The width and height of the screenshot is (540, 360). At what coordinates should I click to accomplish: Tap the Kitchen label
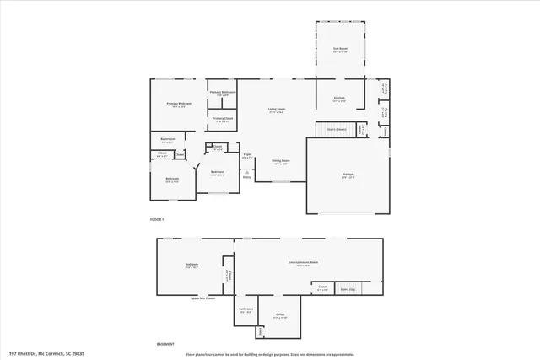[x=339, y=99]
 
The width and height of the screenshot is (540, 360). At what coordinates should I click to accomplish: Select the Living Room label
[x=276, y=109]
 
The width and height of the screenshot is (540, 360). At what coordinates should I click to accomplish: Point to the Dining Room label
[x=281, y=160]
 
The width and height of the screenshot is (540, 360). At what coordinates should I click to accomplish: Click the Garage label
[x=348, y=175]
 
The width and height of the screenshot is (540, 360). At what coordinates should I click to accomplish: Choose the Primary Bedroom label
[x=179, y=104]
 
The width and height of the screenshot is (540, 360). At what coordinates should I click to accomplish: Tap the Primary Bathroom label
[x=222, y=93]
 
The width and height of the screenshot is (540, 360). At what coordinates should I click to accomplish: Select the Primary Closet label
[x=223, y=120]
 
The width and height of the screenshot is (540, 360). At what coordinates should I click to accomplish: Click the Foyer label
[x=248, y=155]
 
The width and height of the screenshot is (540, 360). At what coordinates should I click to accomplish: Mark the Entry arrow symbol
[x=246, y=171]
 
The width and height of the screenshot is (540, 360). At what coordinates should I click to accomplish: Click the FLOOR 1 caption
[x=156, y=219]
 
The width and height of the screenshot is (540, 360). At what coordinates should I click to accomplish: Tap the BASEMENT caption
[x=167, y=343]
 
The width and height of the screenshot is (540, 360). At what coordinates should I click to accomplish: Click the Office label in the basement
[x=280, y=315]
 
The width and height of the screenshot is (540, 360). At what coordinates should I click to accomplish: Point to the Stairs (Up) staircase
[x=348, y=288]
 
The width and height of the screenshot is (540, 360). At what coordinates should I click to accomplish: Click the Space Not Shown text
[x=202, y=298]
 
